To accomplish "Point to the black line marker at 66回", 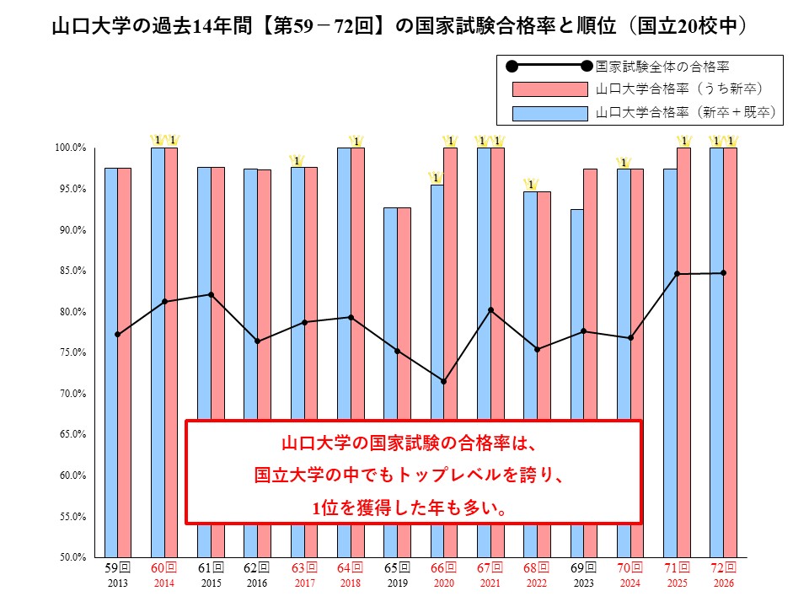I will pos(443,381).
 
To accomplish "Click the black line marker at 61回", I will pos(211,294).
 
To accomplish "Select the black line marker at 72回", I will pos(723,273).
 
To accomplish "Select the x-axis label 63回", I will pos(303,567).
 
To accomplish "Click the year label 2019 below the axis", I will pos(397,583).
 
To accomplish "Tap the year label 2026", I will pos(723,583).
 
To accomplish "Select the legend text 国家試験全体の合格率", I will pos(662,65).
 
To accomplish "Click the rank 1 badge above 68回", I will pos(531,185).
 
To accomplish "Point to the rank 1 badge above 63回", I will pos(297,160).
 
